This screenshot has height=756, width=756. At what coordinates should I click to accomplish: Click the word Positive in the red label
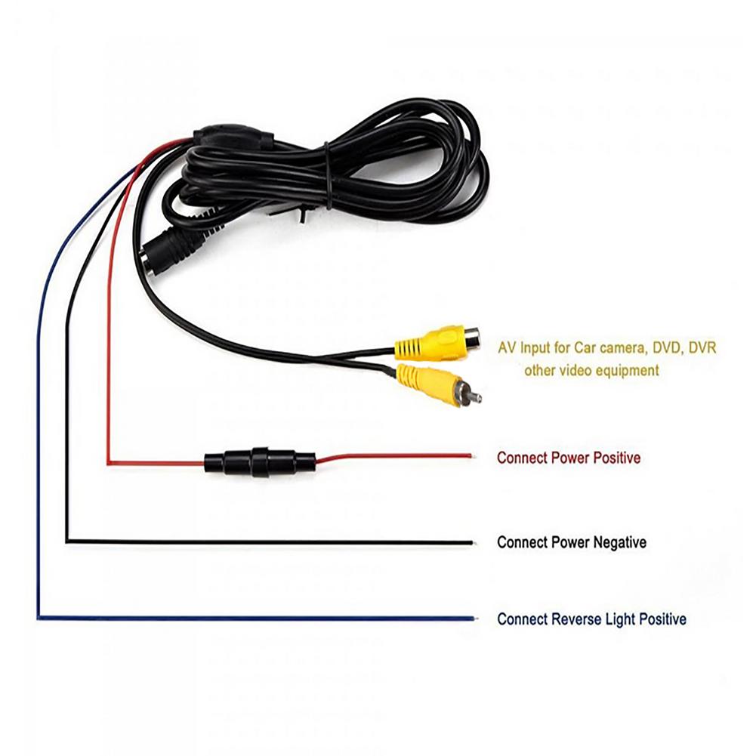pos(616,458)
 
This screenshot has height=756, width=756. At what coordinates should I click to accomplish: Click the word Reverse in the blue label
pos(575,619)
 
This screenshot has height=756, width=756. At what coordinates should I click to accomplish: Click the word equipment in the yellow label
pos(627,371)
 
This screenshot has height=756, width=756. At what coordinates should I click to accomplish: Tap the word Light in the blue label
pos(621,619)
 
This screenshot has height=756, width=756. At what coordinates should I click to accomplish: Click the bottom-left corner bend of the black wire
pos(67,540)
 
